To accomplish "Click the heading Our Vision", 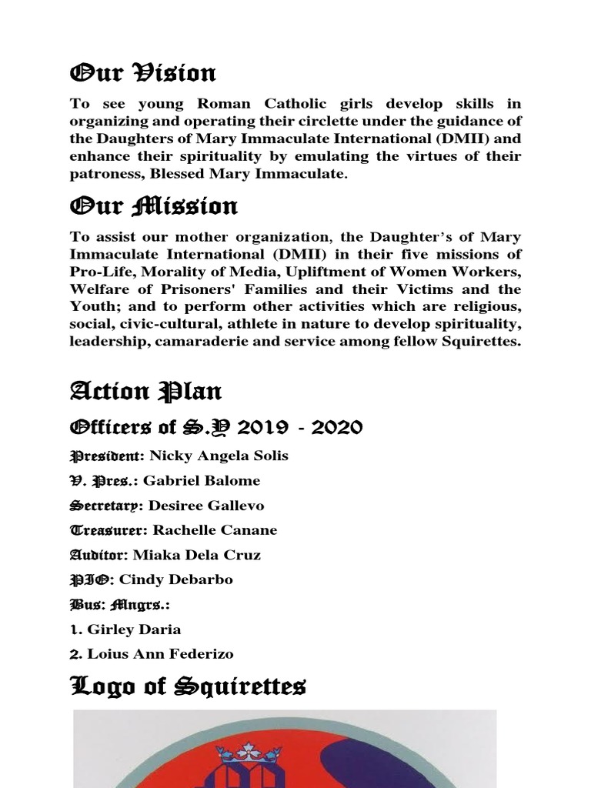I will [143, 74].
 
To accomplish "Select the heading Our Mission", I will [154, 206].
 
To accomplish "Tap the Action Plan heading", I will [146, 392].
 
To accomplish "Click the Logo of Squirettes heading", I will [188, 685].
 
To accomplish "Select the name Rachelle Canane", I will [215, 530].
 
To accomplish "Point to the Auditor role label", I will [99, 555].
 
